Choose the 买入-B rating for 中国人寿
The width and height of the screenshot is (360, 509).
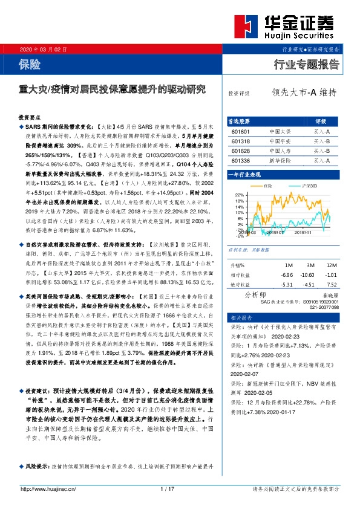[321, 151]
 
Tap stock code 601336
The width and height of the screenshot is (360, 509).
[240, 161]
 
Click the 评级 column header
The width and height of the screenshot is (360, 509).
[321, 121]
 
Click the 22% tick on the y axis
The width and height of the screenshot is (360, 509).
[231, 194]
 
